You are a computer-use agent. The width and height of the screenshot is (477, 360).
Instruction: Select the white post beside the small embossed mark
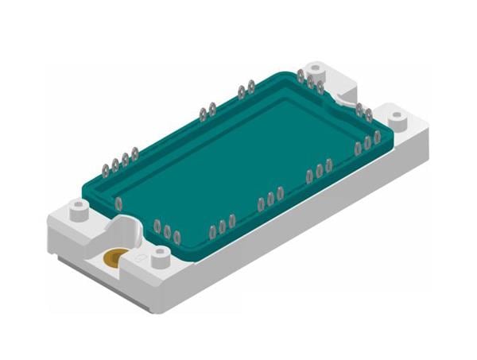coord(161,255)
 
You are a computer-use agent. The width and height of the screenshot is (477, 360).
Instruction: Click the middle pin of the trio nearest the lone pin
coord(167,231)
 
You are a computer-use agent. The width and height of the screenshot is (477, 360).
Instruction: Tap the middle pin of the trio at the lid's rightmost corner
coord(367,144)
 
